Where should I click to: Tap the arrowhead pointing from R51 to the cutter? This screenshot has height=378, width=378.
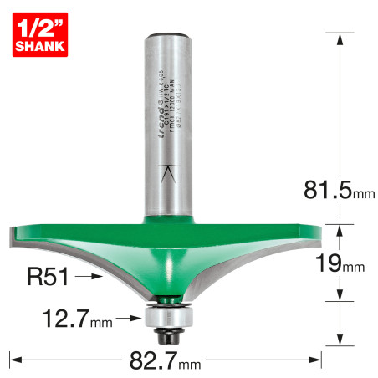point(100,275)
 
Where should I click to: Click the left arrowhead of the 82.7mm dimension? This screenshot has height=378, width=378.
point(13,360)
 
